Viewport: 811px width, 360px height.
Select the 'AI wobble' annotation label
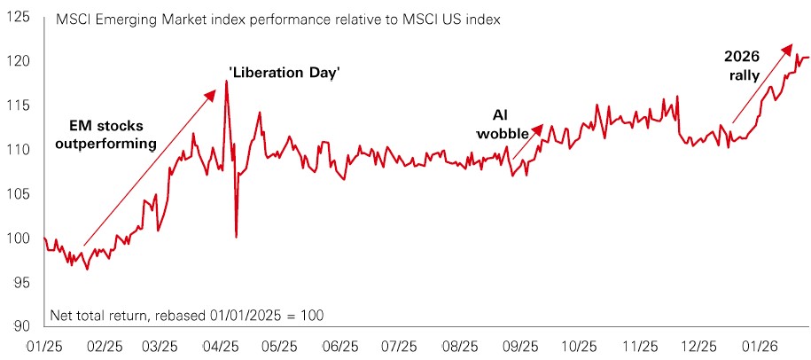[x=510, y=124]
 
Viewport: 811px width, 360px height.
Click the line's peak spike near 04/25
[x=227, y=82]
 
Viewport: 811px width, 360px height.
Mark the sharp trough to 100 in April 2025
[x=236, y=237]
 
